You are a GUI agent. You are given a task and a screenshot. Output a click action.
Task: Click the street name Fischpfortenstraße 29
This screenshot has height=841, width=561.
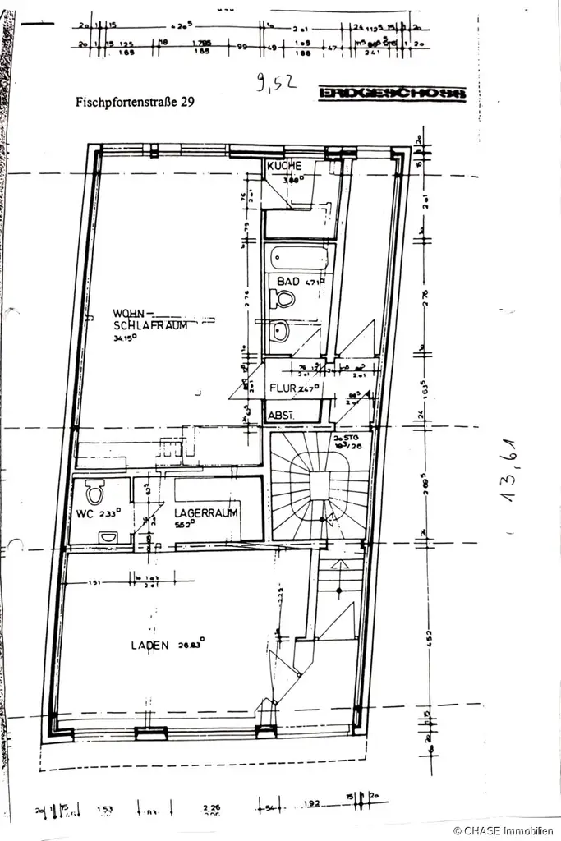point(136,103)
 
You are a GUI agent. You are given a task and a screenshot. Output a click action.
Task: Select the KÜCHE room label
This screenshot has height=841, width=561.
point(284,166)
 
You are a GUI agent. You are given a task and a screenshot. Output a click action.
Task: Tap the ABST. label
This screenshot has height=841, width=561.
point(281,416)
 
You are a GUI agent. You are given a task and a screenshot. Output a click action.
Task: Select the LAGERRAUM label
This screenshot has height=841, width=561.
point(205,513)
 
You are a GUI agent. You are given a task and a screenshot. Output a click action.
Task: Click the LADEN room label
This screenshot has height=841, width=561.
point(149,646)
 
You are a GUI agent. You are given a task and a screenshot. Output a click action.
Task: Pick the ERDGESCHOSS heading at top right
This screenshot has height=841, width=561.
point(392,94)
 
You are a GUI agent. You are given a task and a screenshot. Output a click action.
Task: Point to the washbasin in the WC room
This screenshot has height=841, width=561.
point(108,538)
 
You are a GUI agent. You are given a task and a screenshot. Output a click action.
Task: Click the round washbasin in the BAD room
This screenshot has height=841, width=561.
point(281,332)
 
